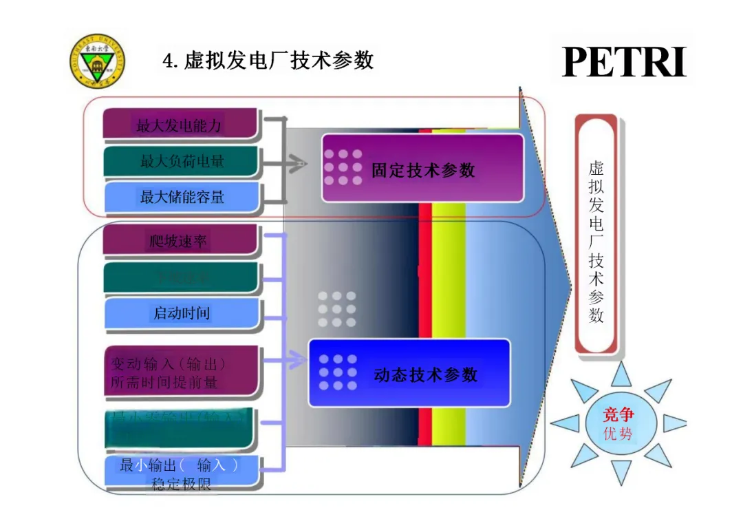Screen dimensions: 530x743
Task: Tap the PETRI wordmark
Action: pyautogui.click(x=624, y=62)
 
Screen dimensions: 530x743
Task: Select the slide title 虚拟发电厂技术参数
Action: pyautogui.click(x=268, y=61)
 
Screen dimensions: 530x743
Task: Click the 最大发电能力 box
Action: pyautogui.click(x=180, y=125)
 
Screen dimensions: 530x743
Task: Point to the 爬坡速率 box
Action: pyautogui.click(x=180, y=241)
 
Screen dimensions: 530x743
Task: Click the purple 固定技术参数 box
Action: pyautogui.click(x=422, y=169)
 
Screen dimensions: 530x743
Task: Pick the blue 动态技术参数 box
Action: pyautogui.click(x=409, y=374)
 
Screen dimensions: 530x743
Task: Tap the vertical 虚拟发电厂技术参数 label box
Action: pyautogui.click(x=596, y=234)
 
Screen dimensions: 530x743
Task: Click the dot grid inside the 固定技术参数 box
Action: pyautogui.click(x=343, y=167)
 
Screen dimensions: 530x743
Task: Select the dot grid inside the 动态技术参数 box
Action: pyautogui.click(x=338, y=372)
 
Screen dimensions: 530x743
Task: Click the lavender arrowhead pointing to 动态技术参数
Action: pyautogui.click(x=299, y=359)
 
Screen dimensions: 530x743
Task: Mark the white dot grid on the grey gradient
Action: pyautogui.click(x=337, y=309)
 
